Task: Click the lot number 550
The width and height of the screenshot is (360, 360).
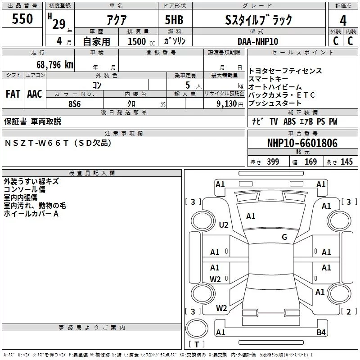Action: click(22, 19)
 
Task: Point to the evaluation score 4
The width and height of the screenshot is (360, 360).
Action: click(343, 21)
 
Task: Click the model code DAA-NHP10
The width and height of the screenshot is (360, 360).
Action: click(258, 41)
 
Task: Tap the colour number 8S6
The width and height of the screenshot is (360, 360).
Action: click(75, 103)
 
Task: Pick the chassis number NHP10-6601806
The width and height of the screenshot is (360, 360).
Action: click(302, 143)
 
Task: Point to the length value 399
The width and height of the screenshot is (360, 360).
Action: click(273, 162)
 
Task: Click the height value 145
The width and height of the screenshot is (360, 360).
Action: click(346, 162)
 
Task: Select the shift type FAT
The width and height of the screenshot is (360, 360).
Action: click(13, 94)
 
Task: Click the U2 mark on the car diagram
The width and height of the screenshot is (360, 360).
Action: click(224, 225)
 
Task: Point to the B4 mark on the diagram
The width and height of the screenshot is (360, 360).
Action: click(321, 333)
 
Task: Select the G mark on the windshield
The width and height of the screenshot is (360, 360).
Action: click(284, 237)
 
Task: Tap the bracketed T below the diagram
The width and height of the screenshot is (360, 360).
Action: click(196, 345)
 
